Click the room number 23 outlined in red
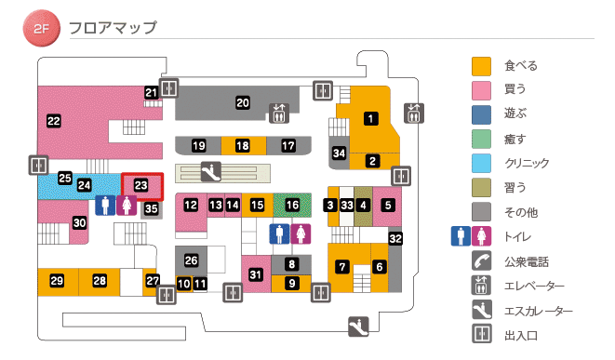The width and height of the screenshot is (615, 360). [140, 185]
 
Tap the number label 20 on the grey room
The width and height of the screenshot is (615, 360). [242, 102]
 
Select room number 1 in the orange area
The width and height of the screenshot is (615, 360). [370, 118]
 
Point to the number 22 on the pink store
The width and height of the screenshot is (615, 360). [53, 120]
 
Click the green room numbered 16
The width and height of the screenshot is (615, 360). [293, 204]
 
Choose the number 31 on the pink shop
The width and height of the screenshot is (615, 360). [256, 273]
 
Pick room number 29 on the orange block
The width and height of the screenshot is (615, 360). [57, 281]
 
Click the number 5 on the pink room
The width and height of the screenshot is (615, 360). [388, 204]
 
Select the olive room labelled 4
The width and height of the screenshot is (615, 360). [364, 204]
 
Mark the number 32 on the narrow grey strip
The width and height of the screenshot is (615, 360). [395, 239]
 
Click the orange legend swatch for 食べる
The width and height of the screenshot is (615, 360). [481, 66]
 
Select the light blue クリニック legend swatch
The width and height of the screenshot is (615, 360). [481, 163]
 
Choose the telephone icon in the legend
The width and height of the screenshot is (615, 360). [481, 261]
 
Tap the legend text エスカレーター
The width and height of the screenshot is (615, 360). [539, 311]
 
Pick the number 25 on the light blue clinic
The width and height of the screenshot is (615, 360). [65, 178]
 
